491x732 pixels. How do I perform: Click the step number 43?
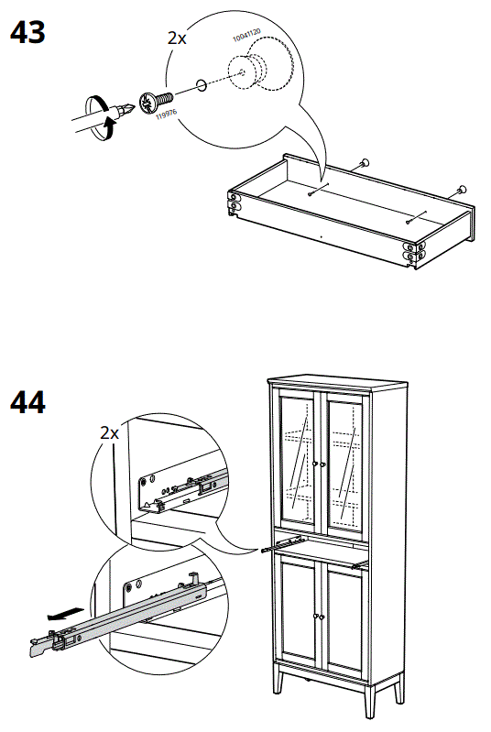tap(27, 34)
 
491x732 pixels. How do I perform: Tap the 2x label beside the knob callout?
tap(176, 38)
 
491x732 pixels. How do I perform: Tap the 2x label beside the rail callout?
tap(109, 432)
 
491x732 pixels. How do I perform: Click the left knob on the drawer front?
tap(364, 162)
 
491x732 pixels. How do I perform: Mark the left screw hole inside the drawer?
tap(314, 191)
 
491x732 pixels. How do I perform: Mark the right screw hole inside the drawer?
tap(409, 219)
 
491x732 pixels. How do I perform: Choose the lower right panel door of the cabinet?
tap(347, 622)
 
